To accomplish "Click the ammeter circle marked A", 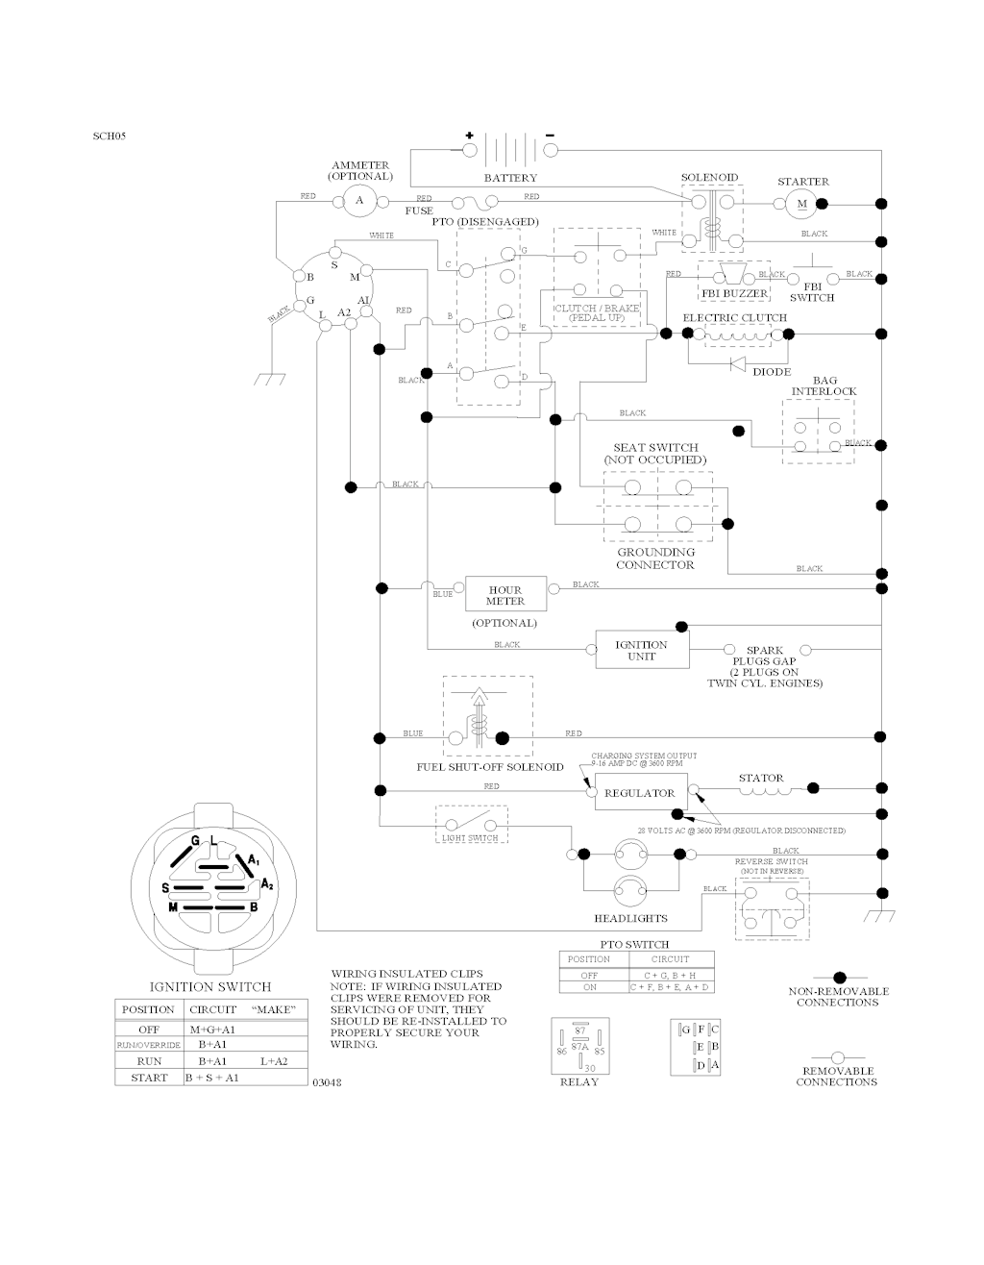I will point(360,199).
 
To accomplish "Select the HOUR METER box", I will point(505,595).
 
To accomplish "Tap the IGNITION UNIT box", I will point(641,651).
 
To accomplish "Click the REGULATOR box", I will point(640,793).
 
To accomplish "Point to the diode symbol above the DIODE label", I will point(738,363).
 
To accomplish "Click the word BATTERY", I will point(510,178).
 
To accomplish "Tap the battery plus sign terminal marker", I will point(470,136).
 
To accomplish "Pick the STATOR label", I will point(761,778).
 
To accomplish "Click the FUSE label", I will point(419,211).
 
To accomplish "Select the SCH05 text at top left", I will point(110,136).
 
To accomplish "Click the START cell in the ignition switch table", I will point(149,1078).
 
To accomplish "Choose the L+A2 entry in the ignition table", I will point(274,1060).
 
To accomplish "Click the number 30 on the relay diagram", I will point(590,1068).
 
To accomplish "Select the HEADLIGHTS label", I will point(630,918).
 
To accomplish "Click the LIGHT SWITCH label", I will point(471,838).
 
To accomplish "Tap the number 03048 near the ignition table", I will point(327,1083).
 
